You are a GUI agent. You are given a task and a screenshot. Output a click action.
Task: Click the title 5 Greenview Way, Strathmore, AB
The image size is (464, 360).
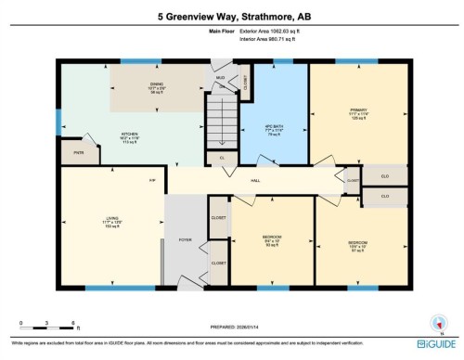coord(232,15)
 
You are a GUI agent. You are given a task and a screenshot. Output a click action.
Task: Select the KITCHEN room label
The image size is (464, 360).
coord(129,135)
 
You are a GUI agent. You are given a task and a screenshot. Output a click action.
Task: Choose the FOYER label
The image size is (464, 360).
coord(185,239)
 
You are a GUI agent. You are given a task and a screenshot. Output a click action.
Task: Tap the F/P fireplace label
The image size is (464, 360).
coord(152,180)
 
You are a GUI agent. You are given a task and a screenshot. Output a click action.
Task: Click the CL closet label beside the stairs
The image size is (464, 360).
coord(223,159)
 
